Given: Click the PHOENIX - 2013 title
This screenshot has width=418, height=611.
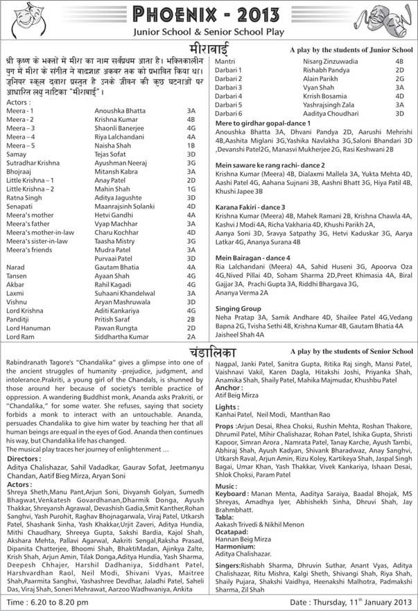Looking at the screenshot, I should (209, 15).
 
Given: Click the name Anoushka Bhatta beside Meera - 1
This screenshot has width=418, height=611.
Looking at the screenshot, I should (120, 111).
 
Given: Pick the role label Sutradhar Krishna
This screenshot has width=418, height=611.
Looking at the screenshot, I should (33, 162).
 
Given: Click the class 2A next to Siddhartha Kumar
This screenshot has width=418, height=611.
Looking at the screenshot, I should (191, 336).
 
